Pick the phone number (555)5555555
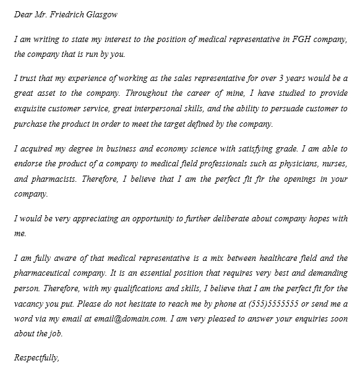click(x=273, y=304)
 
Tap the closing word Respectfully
click(x=36, y=357)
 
